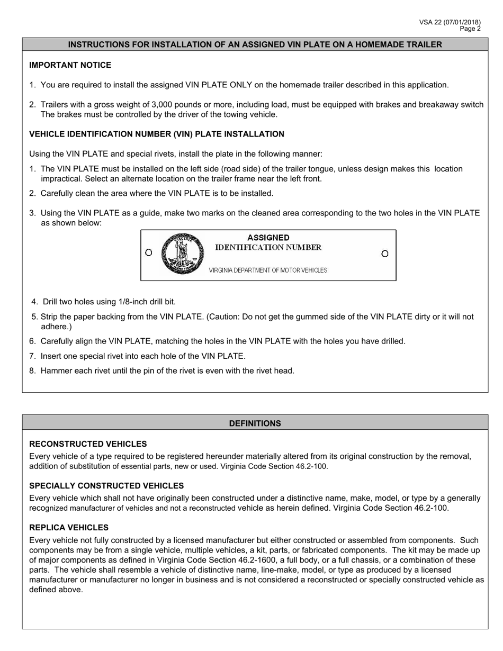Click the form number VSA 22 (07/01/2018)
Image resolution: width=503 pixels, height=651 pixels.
[x=450, y=22]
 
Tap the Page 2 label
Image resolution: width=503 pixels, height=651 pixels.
[x=470, y=29]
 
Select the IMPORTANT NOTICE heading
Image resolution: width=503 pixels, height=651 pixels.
[x=70, y=65]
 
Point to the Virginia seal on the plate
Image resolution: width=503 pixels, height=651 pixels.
[x=182, y=254]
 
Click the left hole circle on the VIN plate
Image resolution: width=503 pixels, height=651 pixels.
[x=149, y=252]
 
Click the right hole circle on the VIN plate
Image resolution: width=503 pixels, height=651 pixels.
[x=385, y=254]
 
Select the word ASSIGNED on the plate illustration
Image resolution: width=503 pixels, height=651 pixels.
[x=268, y=238]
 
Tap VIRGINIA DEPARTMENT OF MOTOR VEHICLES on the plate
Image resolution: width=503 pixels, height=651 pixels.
[x=268, y=270]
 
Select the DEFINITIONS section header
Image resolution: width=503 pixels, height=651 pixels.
[x=255, y=423]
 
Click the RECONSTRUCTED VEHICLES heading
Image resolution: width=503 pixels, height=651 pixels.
[x=88, y=444]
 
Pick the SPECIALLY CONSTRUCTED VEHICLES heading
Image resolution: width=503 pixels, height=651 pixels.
[x=106, y=485]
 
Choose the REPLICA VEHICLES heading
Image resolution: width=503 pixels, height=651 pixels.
[x=69, y=527]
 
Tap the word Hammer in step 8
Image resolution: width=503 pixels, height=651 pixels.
[x=56, y=370]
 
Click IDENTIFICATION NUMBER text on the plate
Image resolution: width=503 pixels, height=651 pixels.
[x=268, y=248]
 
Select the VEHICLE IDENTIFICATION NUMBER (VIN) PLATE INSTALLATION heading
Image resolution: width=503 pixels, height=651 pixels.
[x=156, y=134]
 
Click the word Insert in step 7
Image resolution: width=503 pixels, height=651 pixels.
[x=51, y=356]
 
